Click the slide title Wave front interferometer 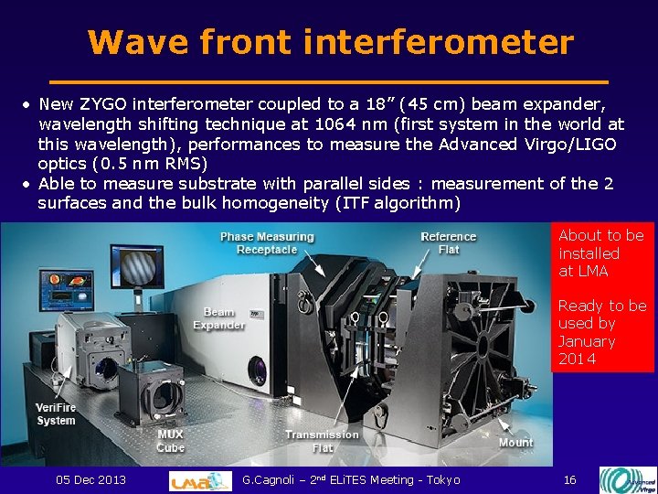tap(330, 42)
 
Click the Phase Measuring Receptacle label tap(266, 243)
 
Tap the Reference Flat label tap(448, 243)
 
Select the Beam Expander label tap(218, 318)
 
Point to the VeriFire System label tap(56, 413)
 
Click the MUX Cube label tap(170, 441)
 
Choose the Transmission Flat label tap(322, 441)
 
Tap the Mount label tap(515, 443)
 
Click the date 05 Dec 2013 tap(91, 480)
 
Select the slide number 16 tap(569, 480)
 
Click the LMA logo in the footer tap(200, 480)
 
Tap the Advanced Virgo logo tap(626, 480)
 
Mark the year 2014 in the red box tap(577, 359)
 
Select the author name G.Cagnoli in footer tap(273, 480)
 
